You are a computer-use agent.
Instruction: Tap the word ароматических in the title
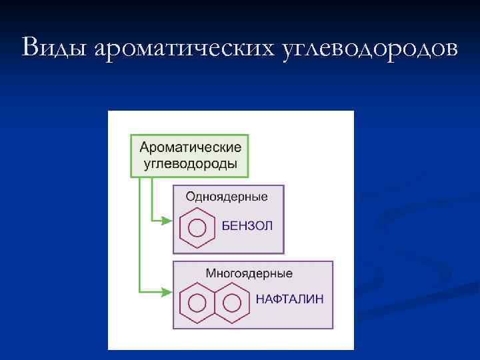point(186,48)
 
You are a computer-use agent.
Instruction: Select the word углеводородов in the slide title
point(371,48)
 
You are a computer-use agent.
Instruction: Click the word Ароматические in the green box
point(191,147)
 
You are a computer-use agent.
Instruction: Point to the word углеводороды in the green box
point(191,164)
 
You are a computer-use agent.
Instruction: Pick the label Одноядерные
point(227,196)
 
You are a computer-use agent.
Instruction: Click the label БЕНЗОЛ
point(247,226)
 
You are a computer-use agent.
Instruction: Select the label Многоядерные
point(248,273)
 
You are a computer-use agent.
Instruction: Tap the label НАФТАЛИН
point(290,299)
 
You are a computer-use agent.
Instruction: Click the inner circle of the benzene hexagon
point(197,227)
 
